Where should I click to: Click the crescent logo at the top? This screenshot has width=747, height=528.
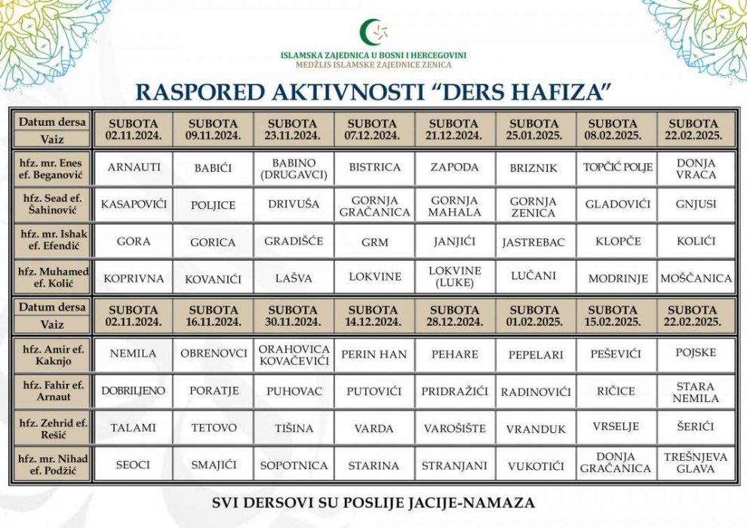pyautogui.click(x=372, y=32)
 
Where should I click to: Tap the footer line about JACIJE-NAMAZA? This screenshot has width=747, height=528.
pyautogui.click(x=373, y=502)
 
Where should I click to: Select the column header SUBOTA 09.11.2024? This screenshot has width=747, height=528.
pyautogui.click(x=213, y=129)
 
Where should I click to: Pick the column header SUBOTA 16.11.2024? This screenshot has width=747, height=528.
pyautogui.click(x=213, y=315)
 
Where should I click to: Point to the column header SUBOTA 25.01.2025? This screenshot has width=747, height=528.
pyautogui.click(x=534, y=129)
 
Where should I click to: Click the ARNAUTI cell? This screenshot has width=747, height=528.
pyautogui.click(x=134, y=167)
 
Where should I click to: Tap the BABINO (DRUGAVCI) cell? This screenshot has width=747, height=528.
pyautogui.click(x=294, y=167)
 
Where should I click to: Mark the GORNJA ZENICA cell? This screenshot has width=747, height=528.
pyautogui.click(x=534, y=207)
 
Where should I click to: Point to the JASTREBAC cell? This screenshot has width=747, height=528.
pyautogui.click(x=534, y=243)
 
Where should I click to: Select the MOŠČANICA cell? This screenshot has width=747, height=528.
pyautogui.click(x=695, y=278)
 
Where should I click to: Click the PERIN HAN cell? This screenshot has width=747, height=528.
pyautogui.click(x=373, y=353)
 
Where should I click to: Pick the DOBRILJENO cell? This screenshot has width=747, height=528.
pyautogui.click(x=134, y=391)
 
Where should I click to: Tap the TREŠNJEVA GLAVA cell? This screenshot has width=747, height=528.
pyautogui.click(x=695, y=462)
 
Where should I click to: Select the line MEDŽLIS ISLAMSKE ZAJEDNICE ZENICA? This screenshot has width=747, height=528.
pyautogui.click(x=373, y=65)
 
